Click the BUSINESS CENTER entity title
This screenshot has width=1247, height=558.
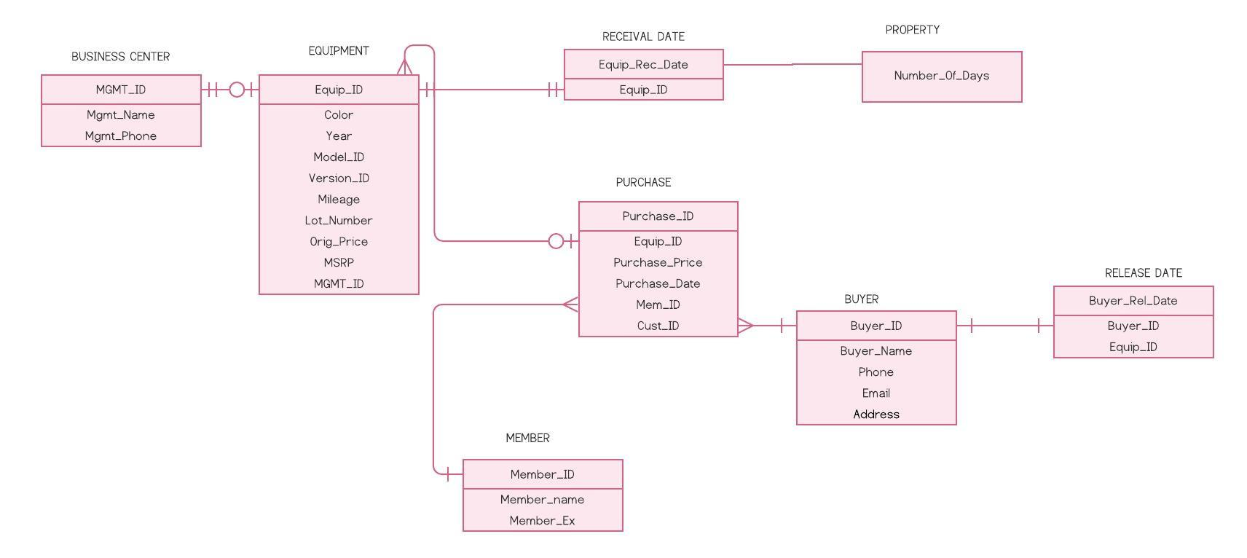(x=120, y=56)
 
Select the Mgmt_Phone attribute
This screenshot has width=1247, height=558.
(x=120, y=136)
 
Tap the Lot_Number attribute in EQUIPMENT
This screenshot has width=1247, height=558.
(x=338, y=220)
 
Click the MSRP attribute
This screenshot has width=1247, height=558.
(x=338, y=262)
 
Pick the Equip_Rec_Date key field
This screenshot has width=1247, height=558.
(x=643, y=64)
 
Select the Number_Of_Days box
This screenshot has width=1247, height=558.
(x=941, y=76)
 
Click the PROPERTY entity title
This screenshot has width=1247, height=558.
(x=912, y=30)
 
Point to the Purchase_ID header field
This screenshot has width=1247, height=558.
(x=658, y=216)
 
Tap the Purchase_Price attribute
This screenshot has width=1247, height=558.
(x=658, y=262)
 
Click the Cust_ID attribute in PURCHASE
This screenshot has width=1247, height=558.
(x=658, y=326)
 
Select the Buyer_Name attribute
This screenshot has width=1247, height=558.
(x=876, y=351)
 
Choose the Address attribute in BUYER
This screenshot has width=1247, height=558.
(x=876, y=414)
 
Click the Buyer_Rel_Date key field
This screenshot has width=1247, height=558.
(x=1133, y=301)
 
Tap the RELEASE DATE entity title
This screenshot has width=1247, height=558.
(x=1143, y=273)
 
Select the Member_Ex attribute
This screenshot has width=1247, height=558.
(x=542, y=521)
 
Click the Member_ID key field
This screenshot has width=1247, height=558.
(x=542, y=474)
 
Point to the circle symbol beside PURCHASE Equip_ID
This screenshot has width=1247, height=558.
(x=556, y=241)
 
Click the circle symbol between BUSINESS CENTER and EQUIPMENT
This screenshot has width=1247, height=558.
(x=237, y=90)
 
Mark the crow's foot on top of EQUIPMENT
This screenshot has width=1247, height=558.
(x=404, y=66)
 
